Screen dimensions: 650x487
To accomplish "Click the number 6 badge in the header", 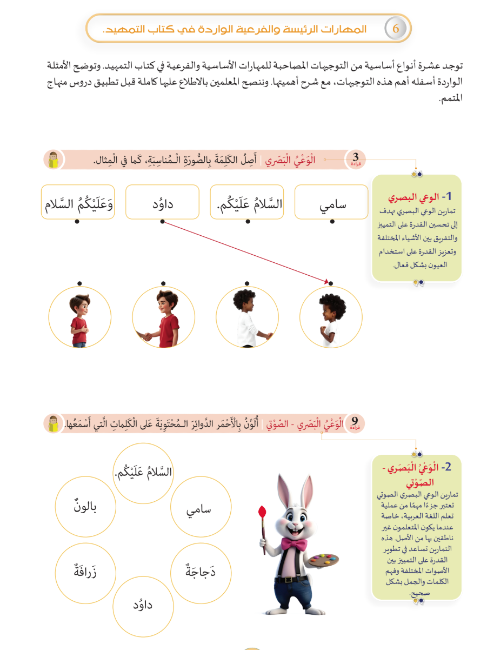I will tap(396, 29).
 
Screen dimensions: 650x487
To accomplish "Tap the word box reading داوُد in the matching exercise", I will tap(162, 202).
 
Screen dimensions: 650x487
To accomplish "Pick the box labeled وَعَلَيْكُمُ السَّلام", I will tap(77, 202).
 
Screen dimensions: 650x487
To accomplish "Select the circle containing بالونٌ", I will tap(85, 507).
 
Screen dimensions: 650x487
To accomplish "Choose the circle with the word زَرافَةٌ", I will tap(85, 571).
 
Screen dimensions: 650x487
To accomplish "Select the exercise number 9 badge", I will tap(355, 422).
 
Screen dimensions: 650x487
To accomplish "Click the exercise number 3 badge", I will tap(355, 160).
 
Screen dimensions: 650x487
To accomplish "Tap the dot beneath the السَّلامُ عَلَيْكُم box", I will tap(246, 221).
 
